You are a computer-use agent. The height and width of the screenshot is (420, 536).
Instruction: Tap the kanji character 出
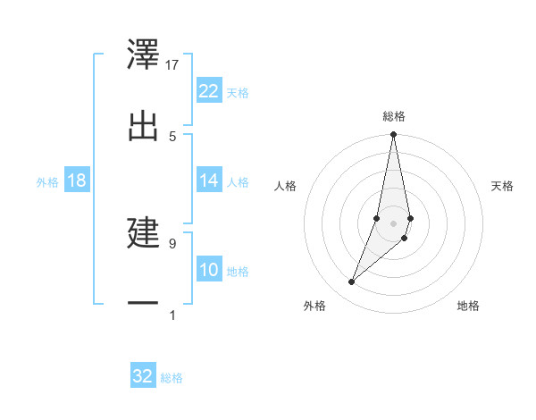click(x=144, y=123)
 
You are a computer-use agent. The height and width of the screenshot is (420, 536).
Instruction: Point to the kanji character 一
click(x=144, y=303)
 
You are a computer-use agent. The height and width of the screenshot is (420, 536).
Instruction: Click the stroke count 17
click(x=172, y=65)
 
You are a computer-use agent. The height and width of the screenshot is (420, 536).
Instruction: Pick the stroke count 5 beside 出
click(x=172, y=136)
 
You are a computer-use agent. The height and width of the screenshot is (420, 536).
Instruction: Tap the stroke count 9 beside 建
click(x=172, y=242)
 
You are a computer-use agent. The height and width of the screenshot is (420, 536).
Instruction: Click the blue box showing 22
click(x=209, y=90)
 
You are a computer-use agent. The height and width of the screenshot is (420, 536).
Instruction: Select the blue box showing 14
click(x=209, y=181)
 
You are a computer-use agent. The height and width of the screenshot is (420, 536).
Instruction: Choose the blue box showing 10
click(x=209, y=270)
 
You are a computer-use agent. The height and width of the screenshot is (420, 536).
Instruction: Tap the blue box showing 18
click(x=77, y=181)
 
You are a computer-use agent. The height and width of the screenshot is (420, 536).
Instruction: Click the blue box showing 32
click(x=143, y=376)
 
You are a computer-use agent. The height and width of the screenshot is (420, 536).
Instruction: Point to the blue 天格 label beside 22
click(x=238, y=92)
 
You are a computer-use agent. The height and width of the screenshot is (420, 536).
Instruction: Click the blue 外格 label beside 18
click(x=47, y=181)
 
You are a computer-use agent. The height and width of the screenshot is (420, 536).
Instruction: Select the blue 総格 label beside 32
click(x=172, y=378)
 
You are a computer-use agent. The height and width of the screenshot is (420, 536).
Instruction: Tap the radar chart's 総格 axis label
click(x=394, y=116)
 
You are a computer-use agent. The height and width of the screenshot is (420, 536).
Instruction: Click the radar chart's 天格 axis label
click(x=503, y=186)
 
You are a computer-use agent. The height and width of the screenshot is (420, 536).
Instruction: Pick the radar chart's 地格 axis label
click(x=468, y=306)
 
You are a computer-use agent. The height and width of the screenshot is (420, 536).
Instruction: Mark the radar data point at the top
click(x=393, y=135)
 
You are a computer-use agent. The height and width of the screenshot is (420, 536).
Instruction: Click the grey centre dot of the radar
click(x=393, y=223)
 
